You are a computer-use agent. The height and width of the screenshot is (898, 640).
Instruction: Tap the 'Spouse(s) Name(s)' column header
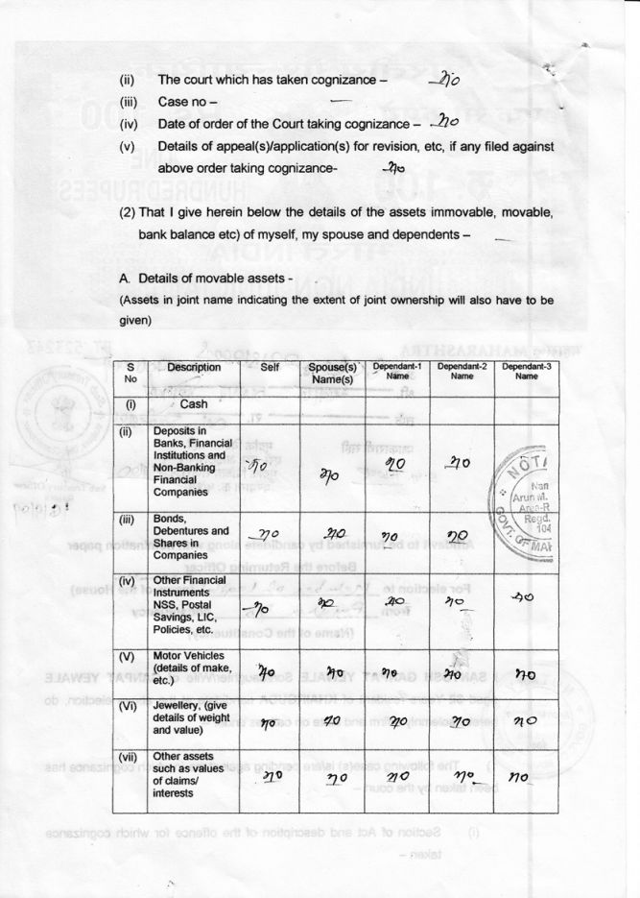[333, 374]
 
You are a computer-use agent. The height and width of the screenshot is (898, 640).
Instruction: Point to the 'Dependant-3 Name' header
[526, 371]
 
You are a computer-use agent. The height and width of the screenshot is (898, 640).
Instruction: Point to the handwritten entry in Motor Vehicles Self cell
[270, 672]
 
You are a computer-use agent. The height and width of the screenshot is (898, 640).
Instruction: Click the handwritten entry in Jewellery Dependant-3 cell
[525, 721]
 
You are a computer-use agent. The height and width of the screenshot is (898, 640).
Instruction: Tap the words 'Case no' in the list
[188, 101]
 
